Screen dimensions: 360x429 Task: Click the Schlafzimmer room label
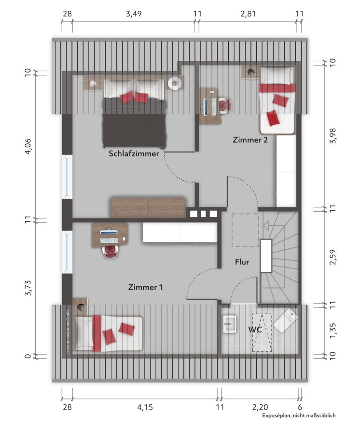point(134,153)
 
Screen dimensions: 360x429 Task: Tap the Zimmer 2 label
point(250,140)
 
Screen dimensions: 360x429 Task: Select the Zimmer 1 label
point(145,287)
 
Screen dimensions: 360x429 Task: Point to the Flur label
point(242,262)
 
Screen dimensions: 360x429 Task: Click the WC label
point(255,329)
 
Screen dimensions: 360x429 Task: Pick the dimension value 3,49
point(134,14)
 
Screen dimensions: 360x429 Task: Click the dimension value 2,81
point(248,14)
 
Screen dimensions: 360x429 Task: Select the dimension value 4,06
point(29,146)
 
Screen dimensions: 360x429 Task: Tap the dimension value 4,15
point(145,407)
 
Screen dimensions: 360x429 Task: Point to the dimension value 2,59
point(333,257)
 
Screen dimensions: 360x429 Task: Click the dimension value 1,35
point(333,330)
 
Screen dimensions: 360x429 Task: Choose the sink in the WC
point(229,324)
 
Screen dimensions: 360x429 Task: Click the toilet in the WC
point(286,321)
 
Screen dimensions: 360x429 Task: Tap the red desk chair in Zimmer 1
point(110,252)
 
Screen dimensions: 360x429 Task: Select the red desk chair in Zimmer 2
point(225,105)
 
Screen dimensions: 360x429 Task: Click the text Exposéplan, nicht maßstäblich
point(299,415)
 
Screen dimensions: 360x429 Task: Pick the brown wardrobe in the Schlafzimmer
point(148,208)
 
